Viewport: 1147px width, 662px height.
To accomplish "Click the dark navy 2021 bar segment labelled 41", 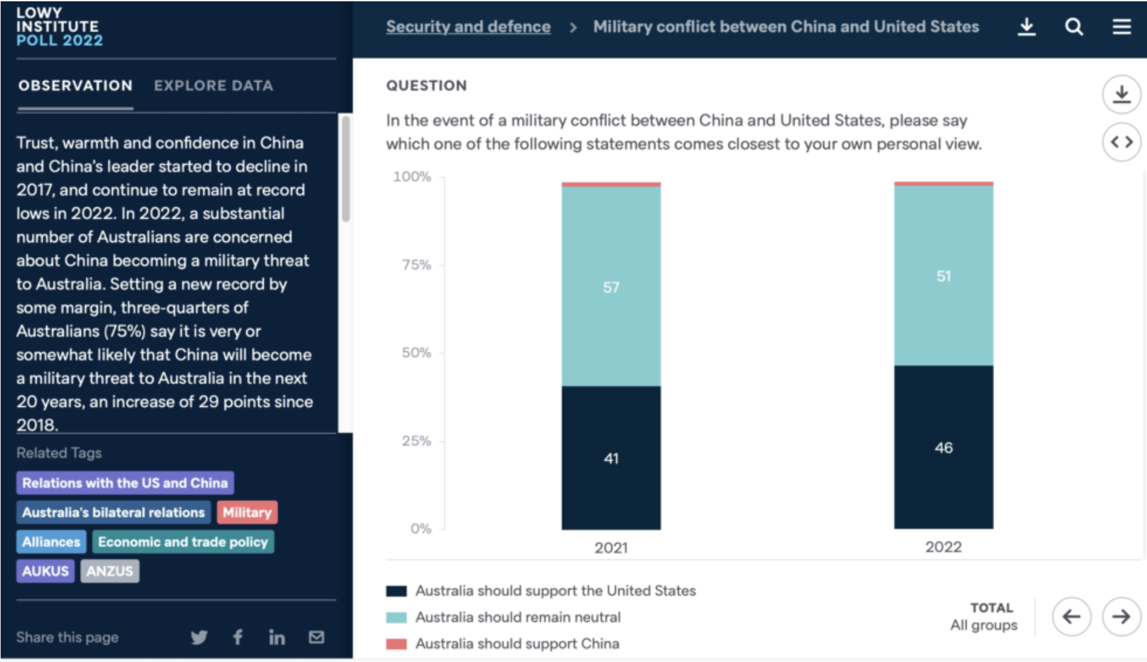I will pos(611,458).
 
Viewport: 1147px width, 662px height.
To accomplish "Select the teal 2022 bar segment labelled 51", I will pos(943,275).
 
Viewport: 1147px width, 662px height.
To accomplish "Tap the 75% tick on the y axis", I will pos(417,265).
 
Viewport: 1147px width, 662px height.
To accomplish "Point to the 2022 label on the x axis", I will pos(943,547).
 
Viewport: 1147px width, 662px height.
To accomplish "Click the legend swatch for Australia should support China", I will pos(396,644).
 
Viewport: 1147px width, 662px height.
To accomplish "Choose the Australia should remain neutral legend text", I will pos(518,617).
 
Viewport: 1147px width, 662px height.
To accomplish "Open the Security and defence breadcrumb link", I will pos(468,27).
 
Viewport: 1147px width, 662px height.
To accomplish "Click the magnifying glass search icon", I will pos(1074,27).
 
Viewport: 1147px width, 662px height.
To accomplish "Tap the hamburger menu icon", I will pos(1121,27).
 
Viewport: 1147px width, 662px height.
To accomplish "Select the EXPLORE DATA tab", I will pos(213,86).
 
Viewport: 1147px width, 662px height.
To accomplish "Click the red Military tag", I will pos(247,512).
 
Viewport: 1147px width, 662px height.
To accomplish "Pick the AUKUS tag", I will pos(45,571).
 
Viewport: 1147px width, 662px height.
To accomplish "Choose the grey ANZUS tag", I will pos(110,571).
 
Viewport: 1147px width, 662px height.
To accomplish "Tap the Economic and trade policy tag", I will pos(183,542).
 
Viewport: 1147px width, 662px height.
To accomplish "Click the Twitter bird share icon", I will pos(199,637).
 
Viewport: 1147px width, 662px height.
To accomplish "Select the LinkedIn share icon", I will pos(277,637).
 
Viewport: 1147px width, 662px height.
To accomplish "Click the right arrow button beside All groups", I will pos(1121,616).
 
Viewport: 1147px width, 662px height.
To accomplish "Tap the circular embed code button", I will pos(1121,142).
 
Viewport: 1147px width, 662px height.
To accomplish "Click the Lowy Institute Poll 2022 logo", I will pos(60,27).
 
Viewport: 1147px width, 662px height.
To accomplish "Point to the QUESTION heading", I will pos(426,86).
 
